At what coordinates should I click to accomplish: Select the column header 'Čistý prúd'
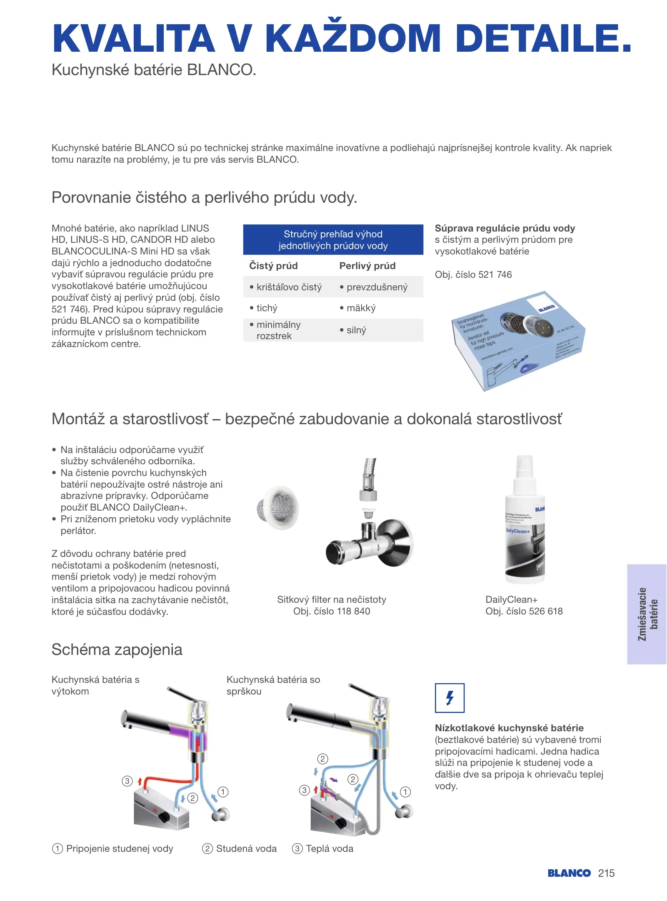(x=273, y=266)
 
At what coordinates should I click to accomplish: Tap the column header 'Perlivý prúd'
(x=367, y=266)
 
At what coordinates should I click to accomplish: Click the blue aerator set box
(x=518, y=340)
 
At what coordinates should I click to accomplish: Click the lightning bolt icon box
(x=450, y=697)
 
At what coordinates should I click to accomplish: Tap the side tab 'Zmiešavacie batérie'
(x=647, y=614)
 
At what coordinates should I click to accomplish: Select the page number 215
(x=606, y=873)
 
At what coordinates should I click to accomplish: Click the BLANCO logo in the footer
(x=569, y=873)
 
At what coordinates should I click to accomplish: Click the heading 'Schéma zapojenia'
(x=117, y=649)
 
